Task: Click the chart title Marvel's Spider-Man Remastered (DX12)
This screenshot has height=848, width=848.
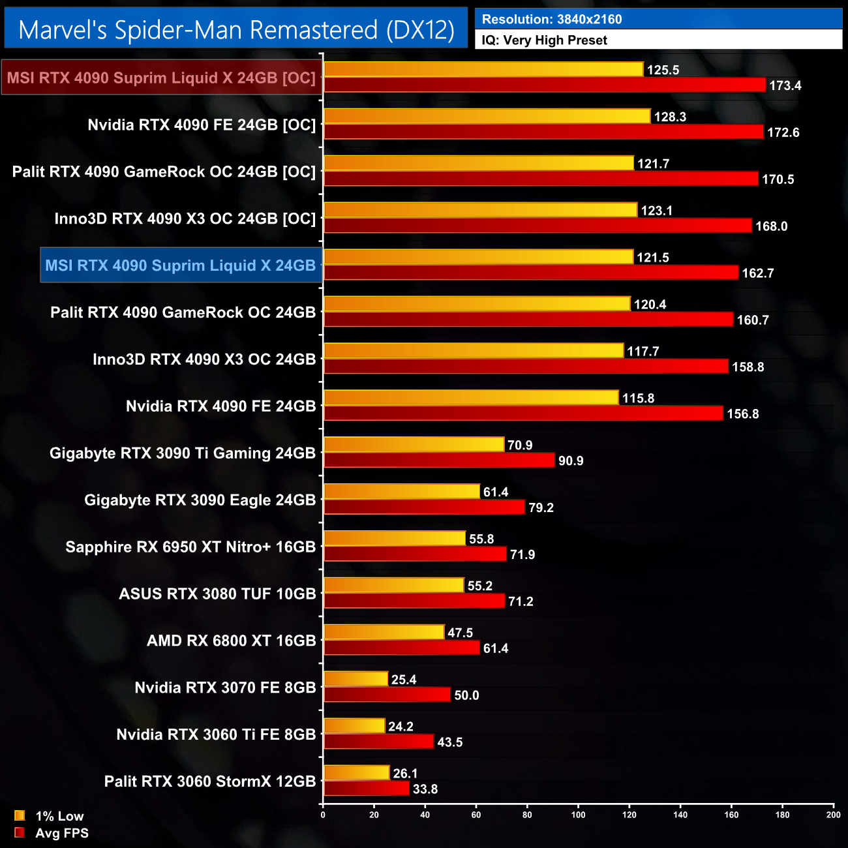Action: [236, 29]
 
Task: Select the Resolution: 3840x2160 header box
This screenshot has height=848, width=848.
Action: [658, 19]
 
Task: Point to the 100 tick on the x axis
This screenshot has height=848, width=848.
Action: [579, 815]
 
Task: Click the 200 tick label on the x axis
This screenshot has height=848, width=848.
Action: [833, 815]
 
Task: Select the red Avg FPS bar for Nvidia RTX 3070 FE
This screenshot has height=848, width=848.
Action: [387, 695]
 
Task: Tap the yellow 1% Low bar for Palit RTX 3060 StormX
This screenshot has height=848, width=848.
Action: [357, 772]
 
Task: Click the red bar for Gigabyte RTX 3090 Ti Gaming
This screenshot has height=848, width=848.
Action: [439, 460]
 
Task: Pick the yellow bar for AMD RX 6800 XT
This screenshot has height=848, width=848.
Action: [384, 632]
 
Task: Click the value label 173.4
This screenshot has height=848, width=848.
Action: [785, 85]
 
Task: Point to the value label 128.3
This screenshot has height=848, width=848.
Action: [671, 117]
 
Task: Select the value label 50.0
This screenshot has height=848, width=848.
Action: [466, 695]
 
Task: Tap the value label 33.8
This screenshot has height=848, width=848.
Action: [425, 789]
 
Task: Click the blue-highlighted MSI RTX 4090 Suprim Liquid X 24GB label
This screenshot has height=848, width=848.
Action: [181, 265]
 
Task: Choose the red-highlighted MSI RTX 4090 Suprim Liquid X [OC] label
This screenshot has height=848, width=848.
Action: [161, 78]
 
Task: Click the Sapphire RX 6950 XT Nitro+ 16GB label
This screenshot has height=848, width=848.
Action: [190, 547]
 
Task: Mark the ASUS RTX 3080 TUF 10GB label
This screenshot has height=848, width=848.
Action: [217, 594]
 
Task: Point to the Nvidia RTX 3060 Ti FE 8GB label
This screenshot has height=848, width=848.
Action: [216, 734]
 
